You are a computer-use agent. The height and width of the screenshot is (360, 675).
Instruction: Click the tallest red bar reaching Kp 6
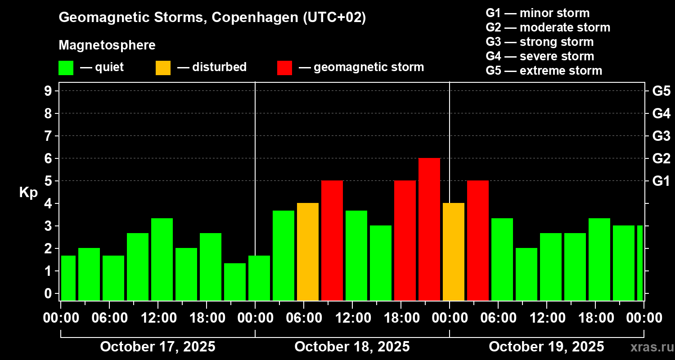[x=429, y=229]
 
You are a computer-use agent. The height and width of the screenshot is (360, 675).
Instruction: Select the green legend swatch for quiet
[x=66, y=67]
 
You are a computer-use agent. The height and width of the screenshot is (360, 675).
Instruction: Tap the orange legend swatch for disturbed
[x=163, y=67]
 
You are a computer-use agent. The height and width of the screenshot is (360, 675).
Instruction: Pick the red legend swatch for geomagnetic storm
[x=284, y=67]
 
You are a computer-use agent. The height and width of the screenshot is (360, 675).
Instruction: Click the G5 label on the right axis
[x=661, y=91]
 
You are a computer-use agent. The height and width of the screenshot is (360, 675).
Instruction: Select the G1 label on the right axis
[x=661, y=181]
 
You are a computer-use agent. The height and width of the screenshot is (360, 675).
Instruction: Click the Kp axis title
[x=29, y=192]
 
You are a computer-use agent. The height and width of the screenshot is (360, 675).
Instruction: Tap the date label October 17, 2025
[x=157, y=346]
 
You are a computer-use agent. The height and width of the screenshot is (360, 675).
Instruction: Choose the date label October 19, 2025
[x=546, y=346]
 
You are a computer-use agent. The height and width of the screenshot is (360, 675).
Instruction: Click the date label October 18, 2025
[x=352, y=346]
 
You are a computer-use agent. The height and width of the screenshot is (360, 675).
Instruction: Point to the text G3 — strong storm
[x=540, y=42]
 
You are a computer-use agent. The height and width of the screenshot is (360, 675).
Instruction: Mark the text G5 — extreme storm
[x=544, y=71]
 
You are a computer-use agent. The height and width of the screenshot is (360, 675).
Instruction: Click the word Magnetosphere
[x=107, y=45]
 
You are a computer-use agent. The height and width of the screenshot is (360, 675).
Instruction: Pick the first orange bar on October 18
[x=308, y=252]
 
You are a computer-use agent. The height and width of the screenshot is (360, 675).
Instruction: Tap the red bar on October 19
[x=478, y=240]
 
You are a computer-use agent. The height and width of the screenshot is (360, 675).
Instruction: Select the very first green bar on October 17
[x=68, y=278]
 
